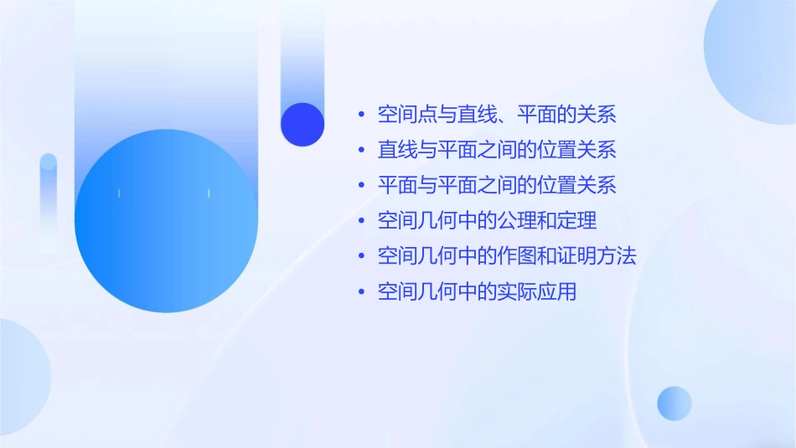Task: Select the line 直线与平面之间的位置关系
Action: point(497,150)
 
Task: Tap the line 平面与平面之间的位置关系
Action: point(497,185)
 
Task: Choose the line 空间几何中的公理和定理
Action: point(487,221)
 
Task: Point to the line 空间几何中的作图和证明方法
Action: point(507,256)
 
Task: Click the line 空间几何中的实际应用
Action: point(477,292)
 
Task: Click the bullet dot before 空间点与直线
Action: point(361,115)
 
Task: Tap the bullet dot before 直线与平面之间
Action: point(361,151)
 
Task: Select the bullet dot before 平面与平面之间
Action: point(361,186)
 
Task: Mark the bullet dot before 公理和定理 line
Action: point(361,222)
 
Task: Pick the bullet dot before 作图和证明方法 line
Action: point(361,257)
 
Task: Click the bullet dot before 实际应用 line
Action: point(361,293)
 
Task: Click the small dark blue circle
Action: point(302,125)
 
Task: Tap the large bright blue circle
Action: point(166,221)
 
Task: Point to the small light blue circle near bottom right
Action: point(675,403)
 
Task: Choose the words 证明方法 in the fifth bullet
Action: point(597,256)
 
